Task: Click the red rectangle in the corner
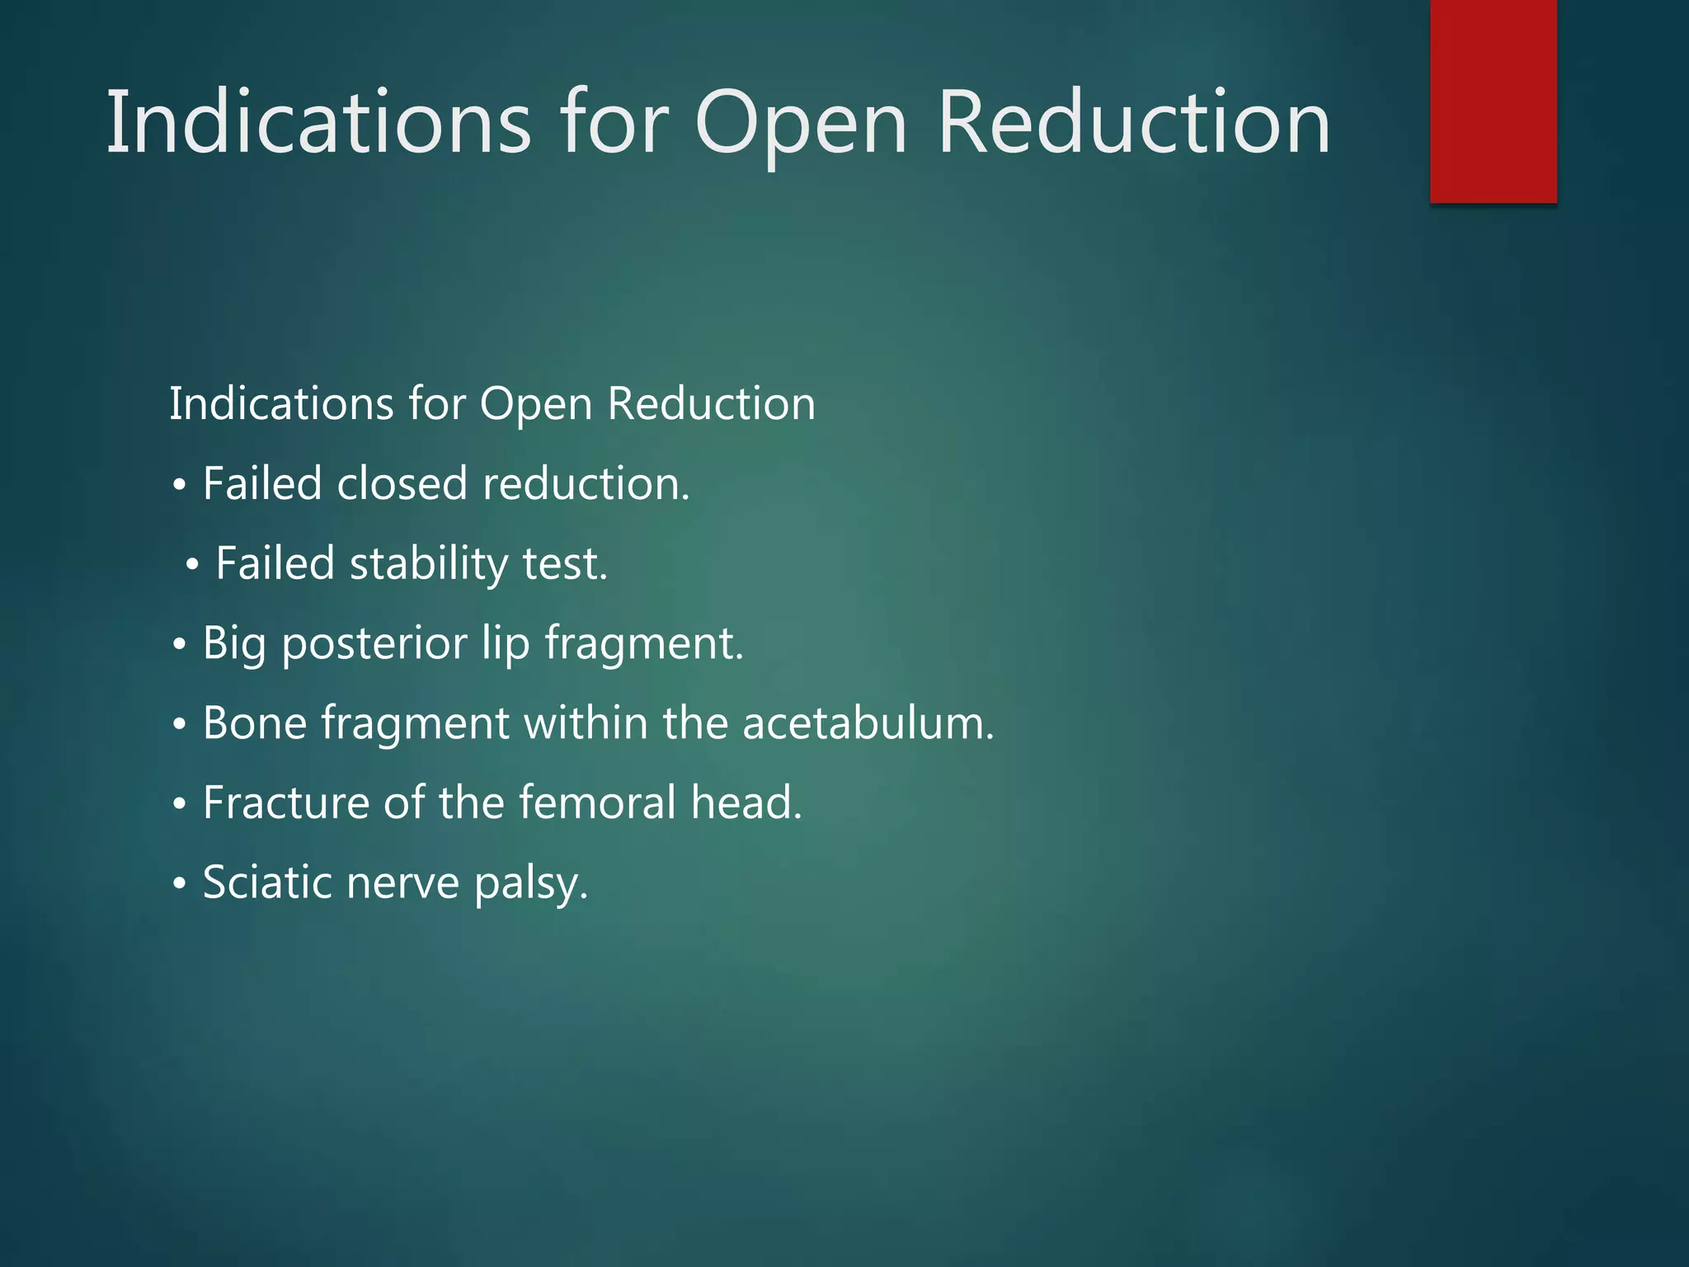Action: pos(1493,101)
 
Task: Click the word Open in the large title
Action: pos(801,124)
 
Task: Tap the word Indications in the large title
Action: pos(318,124)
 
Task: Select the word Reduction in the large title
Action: pos(1134,124)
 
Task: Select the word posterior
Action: pos(374,643)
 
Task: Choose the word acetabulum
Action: pos(868,723)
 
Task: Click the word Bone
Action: pos(255,723)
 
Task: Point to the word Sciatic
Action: pos(267,883)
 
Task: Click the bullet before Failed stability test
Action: pos(192,565)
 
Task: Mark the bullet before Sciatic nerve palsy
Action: pos(180,883)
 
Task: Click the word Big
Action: pos(234,643)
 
